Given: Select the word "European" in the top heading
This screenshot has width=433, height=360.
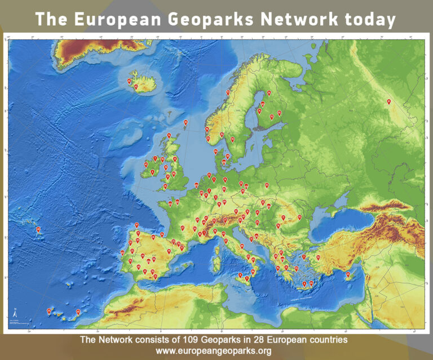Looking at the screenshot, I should click(x=117, y=19).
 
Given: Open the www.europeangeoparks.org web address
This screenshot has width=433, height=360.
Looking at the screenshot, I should click(x=216, y=351).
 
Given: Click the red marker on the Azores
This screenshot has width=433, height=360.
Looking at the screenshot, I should click(x=38, y=229).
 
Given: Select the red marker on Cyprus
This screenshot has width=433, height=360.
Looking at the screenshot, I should click(x=348, y=275).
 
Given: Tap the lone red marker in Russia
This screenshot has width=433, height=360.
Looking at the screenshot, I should click(x=389, y=101).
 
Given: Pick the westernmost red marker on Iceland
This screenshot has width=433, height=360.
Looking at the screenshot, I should click(x=129, y=81).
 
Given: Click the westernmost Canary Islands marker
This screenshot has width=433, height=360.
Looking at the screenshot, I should click(x=49, y=310).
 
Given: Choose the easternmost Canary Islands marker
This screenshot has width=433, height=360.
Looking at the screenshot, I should click(x=78, y=312).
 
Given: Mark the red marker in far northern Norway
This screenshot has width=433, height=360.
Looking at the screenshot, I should click(x=228, y=92).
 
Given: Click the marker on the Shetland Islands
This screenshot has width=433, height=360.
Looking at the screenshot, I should click(x=185, y=122).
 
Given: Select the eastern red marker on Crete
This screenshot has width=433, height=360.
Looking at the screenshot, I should click(x=311, y=283).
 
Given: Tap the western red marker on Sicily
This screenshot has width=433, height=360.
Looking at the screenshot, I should click(x=241, y=275).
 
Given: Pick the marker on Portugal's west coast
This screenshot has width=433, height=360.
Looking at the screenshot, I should click(x=122, y=252).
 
